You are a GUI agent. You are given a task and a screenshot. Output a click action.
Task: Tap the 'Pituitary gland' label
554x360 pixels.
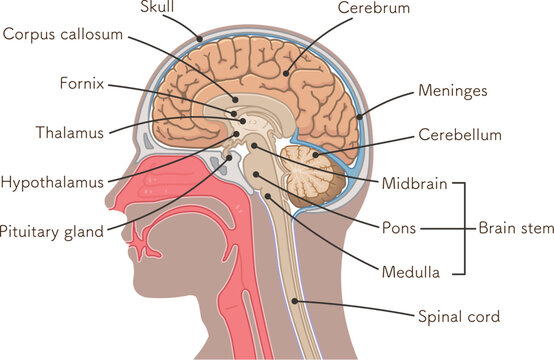[x=52, y=232]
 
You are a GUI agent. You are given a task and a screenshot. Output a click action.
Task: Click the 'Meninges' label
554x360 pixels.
[x=453, y=91]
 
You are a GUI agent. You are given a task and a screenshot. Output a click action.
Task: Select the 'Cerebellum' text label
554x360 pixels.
[x=460, y=135]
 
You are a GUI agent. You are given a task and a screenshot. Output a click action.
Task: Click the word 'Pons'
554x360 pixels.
[x=399, y=227]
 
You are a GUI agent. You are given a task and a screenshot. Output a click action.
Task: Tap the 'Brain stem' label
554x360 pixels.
[x=514, y=228]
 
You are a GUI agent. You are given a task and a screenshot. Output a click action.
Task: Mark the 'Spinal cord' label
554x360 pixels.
[x=458, y=317]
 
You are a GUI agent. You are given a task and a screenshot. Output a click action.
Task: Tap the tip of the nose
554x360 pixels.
[x=107, y=222]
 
